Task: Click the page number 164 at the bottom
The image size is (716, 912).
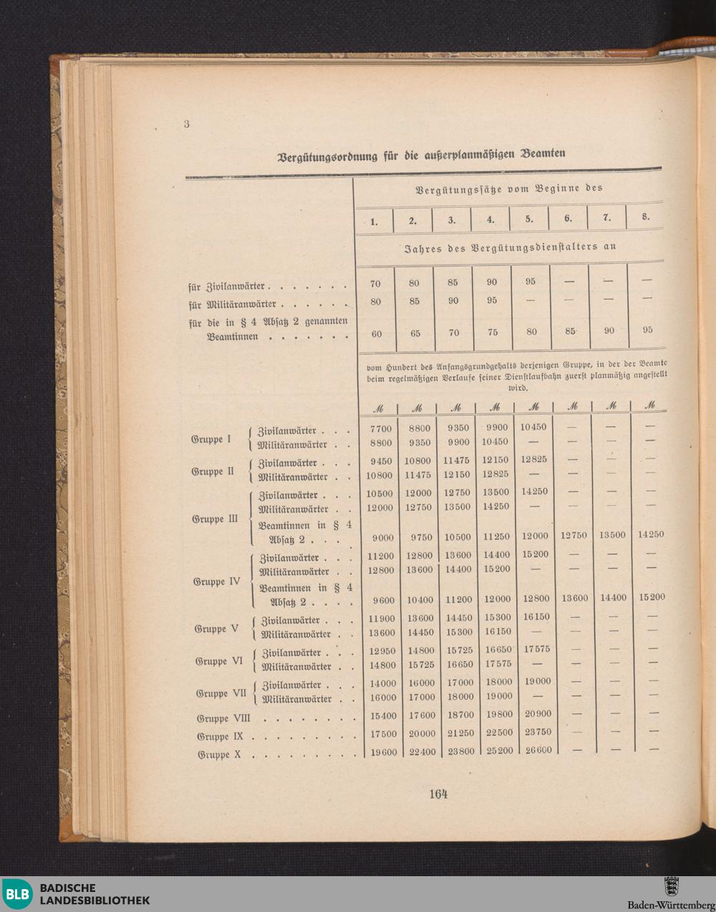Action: coord(438,794)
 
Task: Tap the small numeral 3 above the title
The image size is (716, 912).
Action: coord(186,123)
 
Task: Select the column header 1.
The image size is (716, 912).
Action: coord(374,221)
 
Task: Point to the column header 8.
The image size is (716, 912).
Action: coord(646,217)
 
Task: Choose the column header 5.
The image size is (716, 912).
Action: coord(528,219)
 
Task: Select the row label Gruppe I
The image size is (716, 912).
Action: coord(211,439)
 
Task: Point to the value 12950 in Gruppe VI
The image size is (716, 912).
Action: coord(381,651)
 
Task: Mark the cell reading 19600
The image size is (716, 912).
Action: coord(381,752)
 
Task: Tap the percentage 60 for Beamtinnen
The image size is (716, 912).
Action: coord(376,334)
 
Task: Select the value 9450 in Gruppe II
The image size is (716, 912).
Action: coord(381,462)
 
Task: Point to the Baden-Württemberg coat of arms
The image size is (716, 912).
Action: coord(671,886)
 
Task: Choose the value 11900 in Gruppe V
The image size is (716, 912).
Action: coord(381,618)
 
